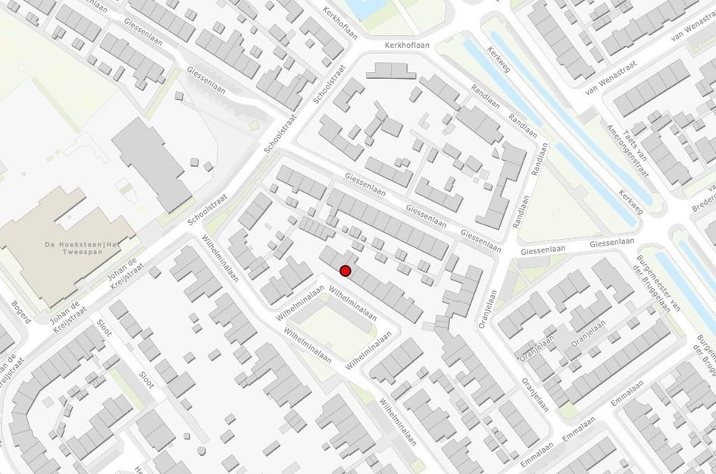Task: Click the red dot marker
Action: click(x=345, y=271)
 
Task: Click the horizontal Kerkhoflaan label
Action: click(x=407, y=46)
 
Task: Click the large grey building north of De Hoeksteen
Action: click(x=151, y=163)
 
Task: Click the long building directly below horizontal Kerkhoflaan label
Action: click(x=390, y=71)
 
